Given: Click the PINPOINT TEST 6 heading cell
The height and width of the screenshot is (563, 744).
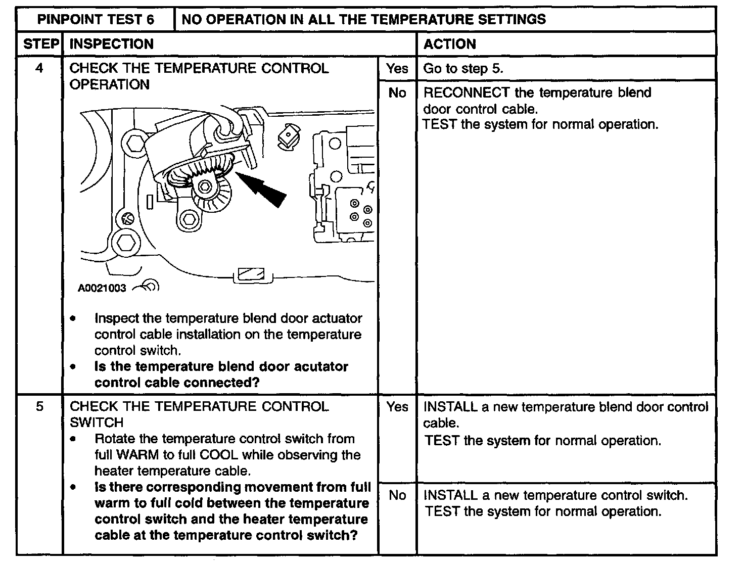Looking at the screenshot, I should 96,20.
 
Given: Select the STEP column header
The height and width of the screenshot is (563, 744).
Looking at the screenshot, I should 40,44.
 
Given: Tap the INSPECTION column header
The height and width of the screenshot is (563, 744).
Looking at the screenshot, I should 111,44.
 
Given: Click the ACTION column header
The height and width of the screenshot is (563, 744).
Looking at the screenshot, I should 449,44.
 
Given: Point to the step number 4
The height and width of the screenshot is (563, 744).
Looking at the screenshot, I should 40,68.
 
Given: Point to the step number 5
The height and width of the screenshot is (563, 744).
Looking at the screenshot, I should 40,407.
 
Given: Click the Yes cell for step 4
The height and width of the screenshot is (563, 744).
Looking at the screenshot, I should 397,68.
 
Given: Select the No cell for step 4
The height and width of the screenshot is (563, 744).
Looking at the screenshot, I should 397,93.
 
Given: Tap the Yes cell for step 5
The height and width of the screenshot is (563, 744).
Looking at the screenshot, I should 397,407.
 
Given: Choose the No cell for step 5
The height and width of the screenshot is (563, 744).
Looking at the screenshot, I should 397,495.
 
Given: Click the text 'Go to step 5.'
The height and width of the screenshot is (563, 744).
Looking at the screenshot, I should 463,69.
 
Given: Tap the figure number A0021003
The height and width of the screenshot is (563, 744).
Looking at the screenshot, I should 102,288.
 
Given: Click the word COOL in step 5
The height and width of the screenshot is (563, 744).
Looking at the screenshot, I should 219,455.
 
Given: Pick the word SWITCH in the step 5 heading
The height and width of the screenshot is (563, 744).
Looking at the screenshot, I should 96,423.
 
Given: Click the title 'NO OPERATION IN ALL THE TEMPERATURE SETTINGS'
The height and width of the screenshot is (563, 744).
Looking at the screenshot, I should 363,20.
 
